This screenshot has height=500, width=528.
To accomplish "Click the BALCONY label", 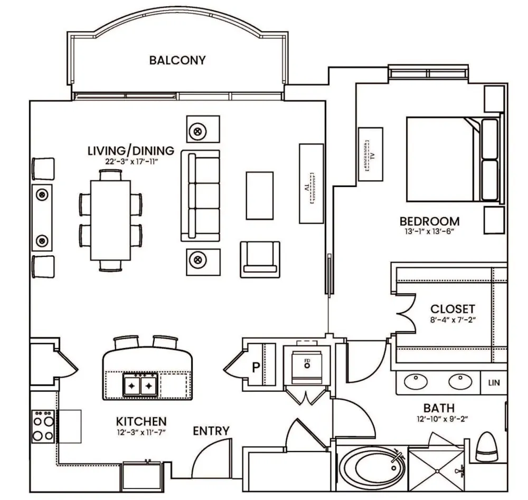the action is [177, 60].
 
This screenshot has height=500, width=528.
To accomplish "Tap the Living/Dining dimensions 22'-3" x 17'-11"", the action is [131, 161].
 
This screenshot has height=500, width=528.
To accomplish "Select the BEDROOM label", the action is [429, 222].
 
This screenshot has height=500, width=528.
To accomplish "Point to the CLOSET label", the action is [452, 309].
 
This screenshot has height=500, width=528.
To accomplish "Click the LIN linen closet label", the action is [494, 382].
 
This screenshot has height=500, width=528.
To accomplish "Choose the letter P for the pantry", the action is [256, 367].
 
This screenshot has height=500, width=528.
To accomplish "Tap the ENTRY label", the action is [211, 431].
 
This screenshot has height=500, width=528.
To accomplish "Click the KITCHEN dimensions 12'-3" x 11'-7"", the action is [141, 432].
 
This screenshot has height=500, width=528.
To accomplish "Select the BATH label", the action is [439, 408].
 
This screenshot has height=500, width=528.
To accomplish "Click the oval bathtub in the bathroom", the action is [372, 468].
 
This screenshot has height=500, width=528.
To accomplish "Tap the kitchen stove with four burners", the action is [43, 426].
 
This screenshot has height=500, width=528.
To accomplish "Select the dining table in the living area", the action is [110, 220].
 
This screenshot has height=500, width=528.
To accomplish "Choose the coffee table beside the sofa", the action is [259, 196].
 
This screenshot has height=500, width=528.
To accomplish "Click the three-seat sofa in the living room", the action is [200, 196].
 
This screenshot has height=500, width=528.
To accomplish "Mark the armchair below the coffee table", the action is [260, 259].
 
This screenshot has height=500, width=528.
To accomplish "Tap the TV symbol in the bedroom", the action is [371, 155].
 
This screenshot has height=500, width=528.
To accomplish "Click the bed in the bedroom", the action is [453, 159].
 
